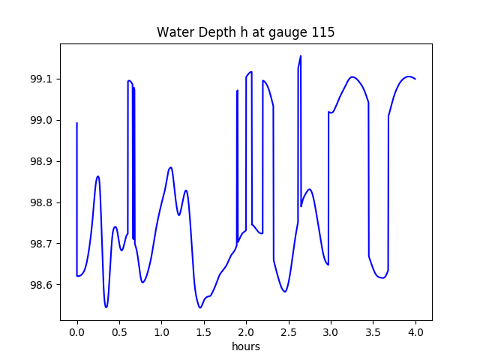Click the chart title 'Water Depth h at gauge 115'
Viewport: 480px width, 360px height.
(x=245, y=33)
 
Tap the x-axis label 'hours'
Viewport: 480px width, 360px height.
(x=246, y=347)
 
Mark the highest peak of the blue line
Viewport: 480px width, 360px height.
(x=301, y=55)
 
